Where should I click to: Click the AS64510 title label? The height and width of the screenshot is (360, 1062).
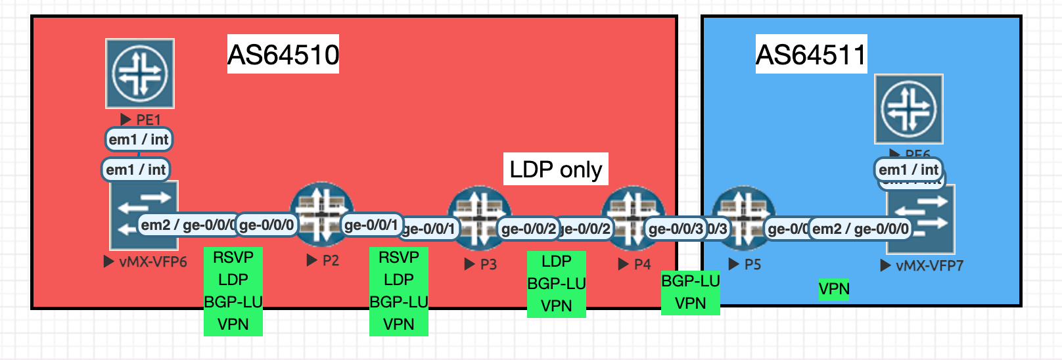(283, 55)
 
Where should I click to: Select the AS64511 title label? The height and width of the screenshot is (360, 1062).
(811, 55)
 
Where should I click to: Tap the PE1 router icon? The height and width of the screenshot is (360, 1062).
(140, 73)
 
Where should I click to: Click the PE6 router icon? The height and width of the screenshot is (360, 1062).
(908, 108)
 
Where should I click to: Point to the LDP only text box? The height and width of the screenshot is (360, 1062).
(556, 169)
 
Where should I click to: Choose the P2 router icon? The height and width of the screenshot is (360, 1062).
(321, 214)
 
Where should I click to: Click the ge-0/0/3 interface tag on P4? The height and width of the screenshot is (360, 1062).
(676, 229)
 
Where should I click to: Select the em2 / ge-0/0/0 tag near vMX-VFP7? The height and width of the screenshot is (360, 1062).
(861, 229)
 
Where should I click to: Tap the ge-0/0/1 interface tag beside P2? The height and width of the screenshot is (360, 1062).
(371, 225)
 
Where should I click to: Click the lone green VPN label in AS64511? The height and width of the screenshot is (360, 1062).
(834, 288)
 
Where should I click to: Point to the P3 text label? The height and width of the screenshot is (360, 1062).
(488, 264)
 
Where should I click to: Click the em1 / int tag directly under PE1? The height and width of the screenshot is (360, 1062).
(139, 139)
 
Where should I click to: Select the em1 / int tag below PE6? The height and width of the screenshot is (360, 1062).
(909, 169)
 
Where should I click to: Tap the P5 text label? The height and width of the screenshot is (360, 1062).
(752, 264)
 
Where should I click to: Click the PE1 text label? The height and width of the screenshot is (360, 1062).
(148, 120)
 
